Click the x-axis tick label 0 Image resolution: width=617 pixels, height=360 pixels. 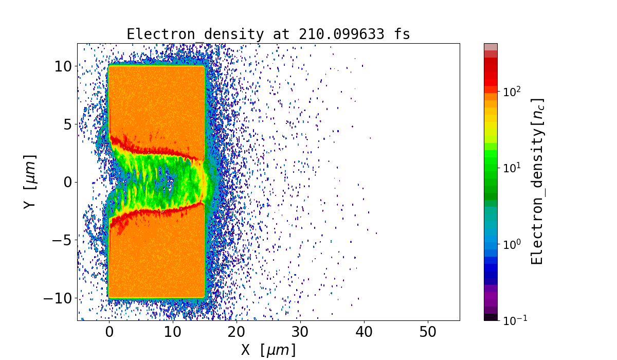tap(109, 333)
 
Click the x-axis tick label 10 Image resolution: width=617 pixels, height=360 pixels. tap(173, 333)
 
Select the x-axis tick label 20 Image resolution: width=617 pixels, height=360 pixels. tap(237, 333)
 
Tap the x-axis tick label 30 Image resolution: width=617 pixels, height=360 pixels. tap(300, 333)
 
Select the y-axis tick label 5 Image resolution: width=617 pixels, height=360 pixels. tap(68, 124)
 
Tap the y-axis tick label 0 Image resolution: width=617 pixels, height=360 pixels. tap(68, 182)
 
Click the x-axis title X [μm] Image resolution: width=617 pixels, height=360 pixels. tap(268, 350)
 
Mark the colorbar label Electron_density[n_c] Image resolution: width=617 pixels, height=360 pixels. tap(538, 182)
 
